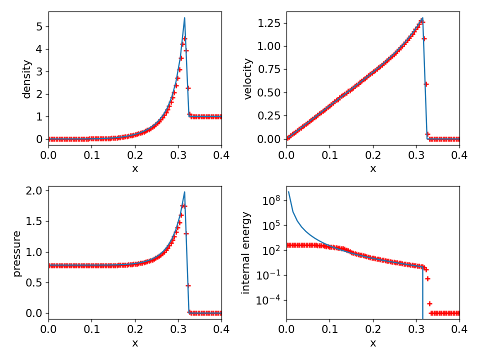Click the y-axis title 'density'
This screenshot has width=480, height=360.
click(27, 79)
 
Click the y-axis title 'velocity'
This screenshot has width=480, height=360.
click(248, 79)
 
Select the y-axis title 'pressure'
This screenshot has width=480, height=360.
click(17, 253)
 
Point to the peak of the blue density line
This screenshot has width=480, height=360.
click(184, 18)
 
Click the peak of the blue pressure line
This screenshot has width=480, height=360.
click(184, 192)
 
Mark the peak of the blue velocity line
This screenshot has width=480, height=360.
click(422, 18)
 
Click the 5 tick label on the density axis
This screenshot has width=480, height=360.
click(39, 26)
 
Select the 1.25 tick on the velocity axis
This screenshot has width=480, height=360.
click(269, 23)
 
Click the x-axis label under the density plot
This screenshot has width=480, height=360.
click(135, 169)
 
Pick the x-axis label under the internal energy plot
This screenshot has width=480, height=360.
click(373, 343)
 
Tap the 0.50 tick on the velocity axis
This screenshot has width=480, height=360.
click(269, 92)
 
